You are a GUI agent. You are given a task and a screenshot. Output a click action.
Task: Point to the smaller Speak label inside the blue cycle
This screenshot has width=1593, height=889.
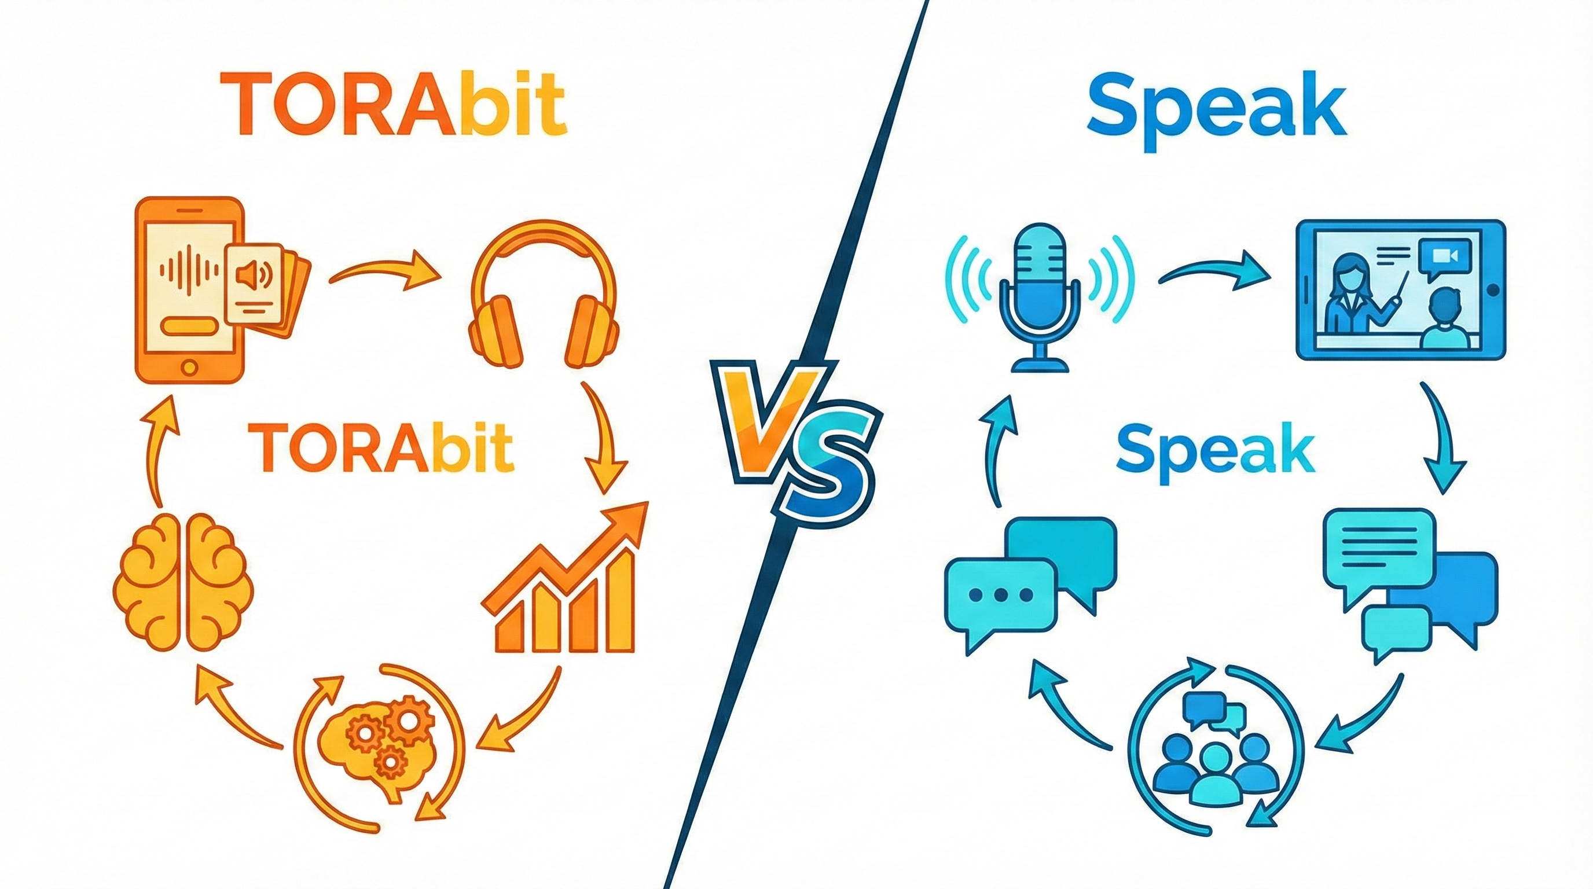click(1215, 454)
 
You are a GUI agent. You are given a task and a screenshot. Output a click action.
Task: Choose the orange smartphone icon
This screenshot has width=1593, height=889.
click(189, 290)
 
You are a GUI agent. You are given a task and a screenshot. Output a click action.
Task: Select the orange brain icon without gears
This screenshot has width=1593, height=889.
click(184, 582)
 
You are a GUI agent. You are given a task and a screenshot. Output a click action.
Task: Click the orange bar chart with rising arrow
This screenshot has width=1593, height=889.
click(565, 582)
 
